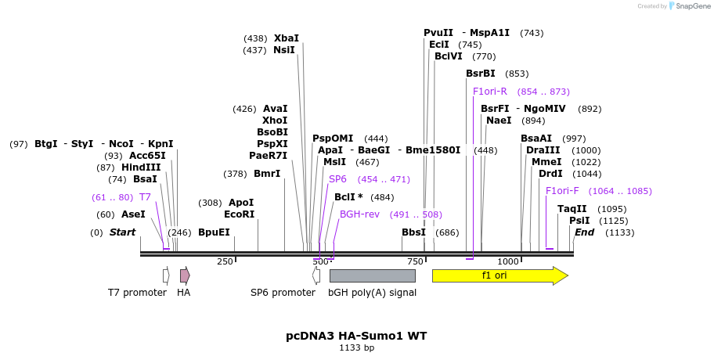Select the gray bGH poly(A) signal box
(372, 275)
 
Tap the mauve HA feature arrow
(185, 275)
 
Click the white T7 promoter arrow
(166, 275)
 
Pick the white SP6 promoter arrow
(316, 275)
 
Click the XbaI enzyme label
(286, 38)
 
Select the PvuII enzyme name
(438, 33)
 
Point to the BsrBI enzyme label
(480, 74)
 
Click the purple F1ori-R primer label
(490, 92)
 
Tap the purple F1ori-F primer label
(562, 191)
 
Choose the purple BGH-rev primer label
(359, 214)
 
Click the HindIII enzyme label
(141, 167)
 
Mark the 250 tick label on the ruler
(225, 261)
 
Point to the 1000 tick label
(508, 261)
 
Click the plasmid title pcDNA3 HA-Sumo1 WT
(356, 336)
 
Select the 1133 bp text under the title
(356, 347)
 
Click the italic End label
(584, 232)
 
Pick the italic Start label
(122, 232)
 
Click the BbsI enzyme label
(413, 232)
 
